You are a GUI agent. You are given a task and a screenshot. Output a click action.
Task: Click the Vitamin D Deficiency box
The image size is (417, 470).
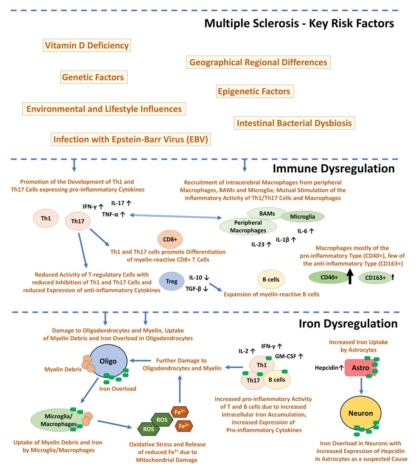tap(87, 45)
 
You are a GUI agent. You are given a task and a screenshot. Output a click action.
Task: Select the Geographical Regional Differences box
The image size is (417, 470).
tap(258, 62)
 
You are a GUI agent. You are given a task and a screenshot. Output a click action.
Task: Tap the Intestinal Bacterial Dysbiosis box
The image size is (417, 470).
tap(294, 123)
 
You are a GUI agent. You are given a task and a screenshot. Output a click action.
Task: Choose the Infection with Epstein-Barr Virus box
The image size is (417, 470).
tap(130, 139)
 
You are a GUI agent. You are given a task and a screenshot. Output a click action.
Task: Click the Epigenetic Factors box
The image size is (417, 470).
tap(254, 92)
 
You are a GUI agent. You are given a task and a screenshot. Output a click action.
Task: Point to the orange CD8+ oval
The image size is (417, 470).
tap(170, 239)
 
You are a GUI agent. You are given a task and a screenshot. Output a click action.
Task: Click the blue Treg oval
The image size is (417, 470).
tap(171, 281)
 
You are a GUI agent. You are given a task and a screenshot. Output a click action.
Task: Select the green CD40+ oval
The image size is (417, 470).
tap(329, 277)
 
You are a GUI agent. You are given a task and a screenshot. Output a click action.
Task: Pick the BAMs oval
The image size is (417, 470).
tap(267, 213)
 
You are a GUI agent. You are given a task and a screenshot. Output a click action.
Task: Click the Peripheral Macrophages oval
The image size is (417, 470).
tap(248, 227)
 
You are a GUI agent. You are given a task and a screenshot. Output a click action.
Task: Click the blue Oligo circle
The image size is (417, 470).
tap(108, 361)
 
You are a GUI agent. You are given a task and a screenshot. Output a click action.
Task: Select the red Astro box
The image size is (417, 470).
tap(360, 368)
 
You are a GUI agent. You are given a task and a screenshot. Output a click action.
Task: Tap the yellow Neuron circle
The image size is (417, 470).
tap(361, 413)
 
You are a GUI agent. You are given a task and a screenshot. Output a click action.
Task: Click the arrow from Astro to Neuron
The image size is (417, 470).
tap(361, 386)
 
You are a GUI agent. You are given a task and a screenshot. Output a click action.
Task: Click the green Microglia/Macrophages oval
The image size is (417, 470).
tap(59, 420)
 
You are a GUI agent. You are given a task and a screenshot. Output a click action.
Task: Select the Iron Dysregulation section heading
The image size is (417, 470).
tap(348, 324)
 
